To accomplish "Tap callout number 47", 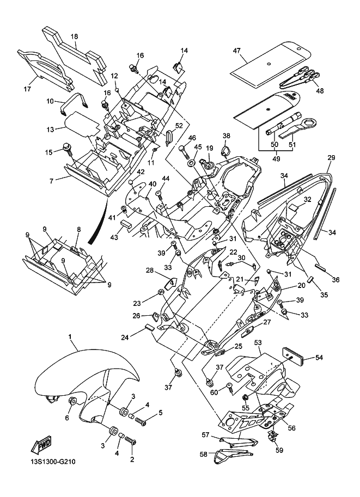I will [237, 51].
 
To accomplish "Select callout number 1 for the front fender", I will [70, 338].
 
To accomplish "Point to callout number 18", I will [75, 36].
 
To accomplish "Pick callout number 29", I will [331, 157].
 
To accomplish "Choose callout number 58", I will [204, 453].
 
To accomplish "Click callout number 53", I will [258, 342].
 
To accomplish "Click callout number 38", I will [226, 136].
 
